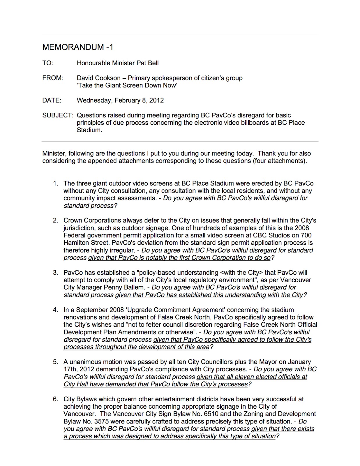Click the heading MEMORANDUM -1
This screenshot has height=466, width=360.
click(78, 47)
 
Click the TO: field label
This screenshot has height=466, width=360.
click(48, 63)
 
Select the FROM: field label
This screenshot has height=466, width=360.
click(53, 78)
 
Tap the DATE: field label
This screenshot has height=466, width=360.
click(52, 100)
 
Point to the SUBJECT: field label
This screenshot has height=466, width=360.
click(58, 115)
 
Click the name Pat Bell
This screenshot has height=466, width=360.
click(148, 63)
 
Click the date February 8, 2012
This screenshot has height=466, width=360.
click(139, 100)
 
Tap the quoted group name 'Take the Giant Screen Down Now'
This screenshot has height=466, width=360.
click(127, 86)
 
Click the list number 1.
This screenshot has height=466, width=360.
click(55, 183)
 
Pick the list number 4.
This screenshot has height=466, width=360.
click(55, 310)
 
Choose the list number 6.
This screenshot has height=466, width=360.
click(55, 399)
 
